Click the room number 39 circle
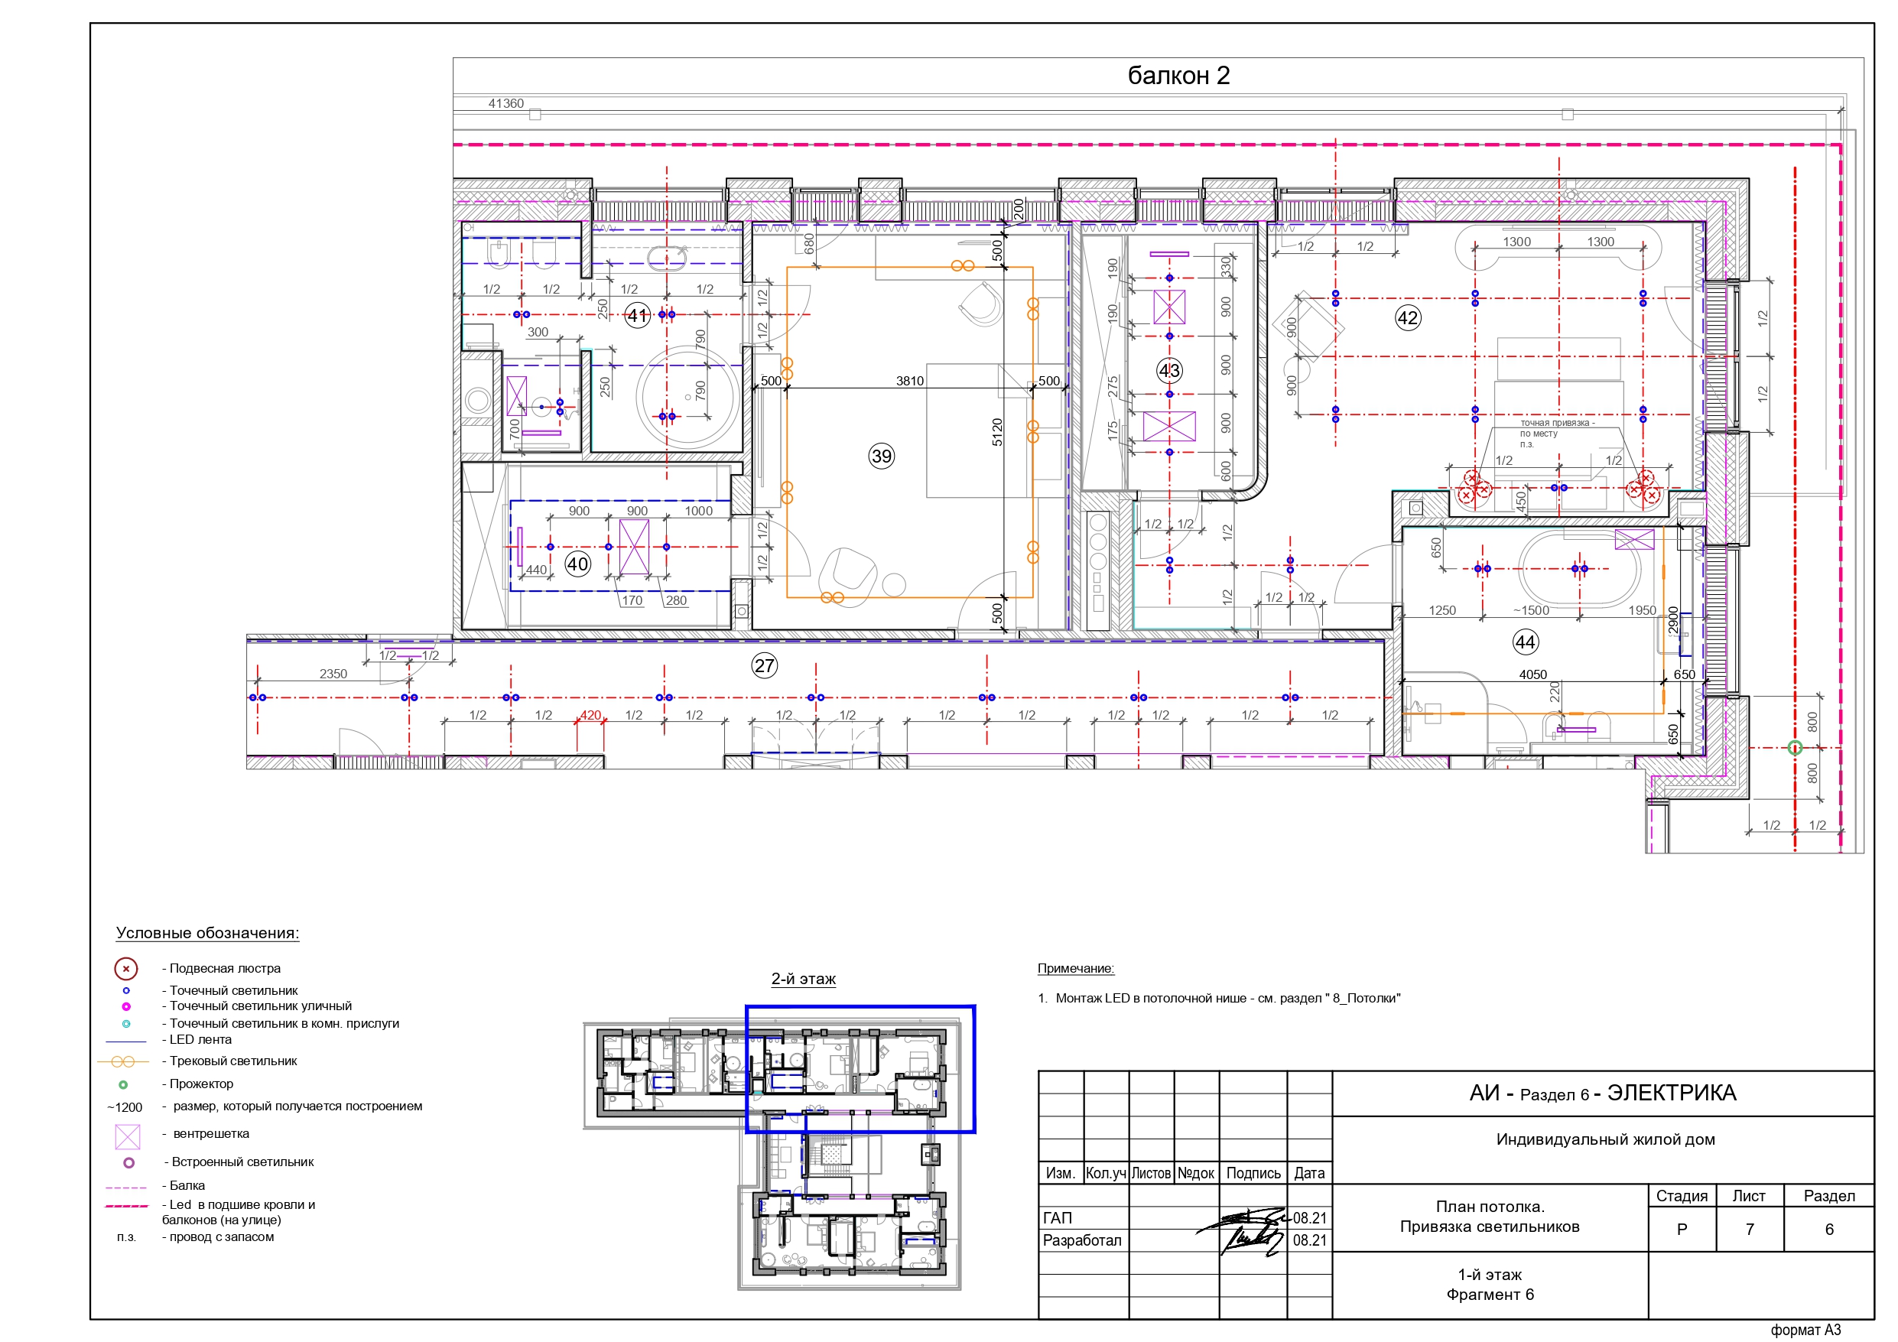881,456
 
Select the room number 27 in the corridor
764,665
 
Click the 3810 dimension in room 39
909,381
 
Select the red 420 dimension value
590,715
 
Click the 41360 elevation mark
506,103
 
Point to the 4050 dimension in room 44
1532,674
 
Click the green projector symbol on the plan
1795,748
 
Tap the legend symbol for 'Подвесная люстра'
125,968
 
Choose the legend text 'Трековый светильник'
233,1061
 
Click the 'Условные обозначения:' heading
207,933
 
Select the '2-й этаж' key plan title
804,979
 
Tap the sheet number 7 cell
1749,1230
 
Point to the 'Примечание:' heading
1075,968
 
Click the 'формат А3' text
1805,1330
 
